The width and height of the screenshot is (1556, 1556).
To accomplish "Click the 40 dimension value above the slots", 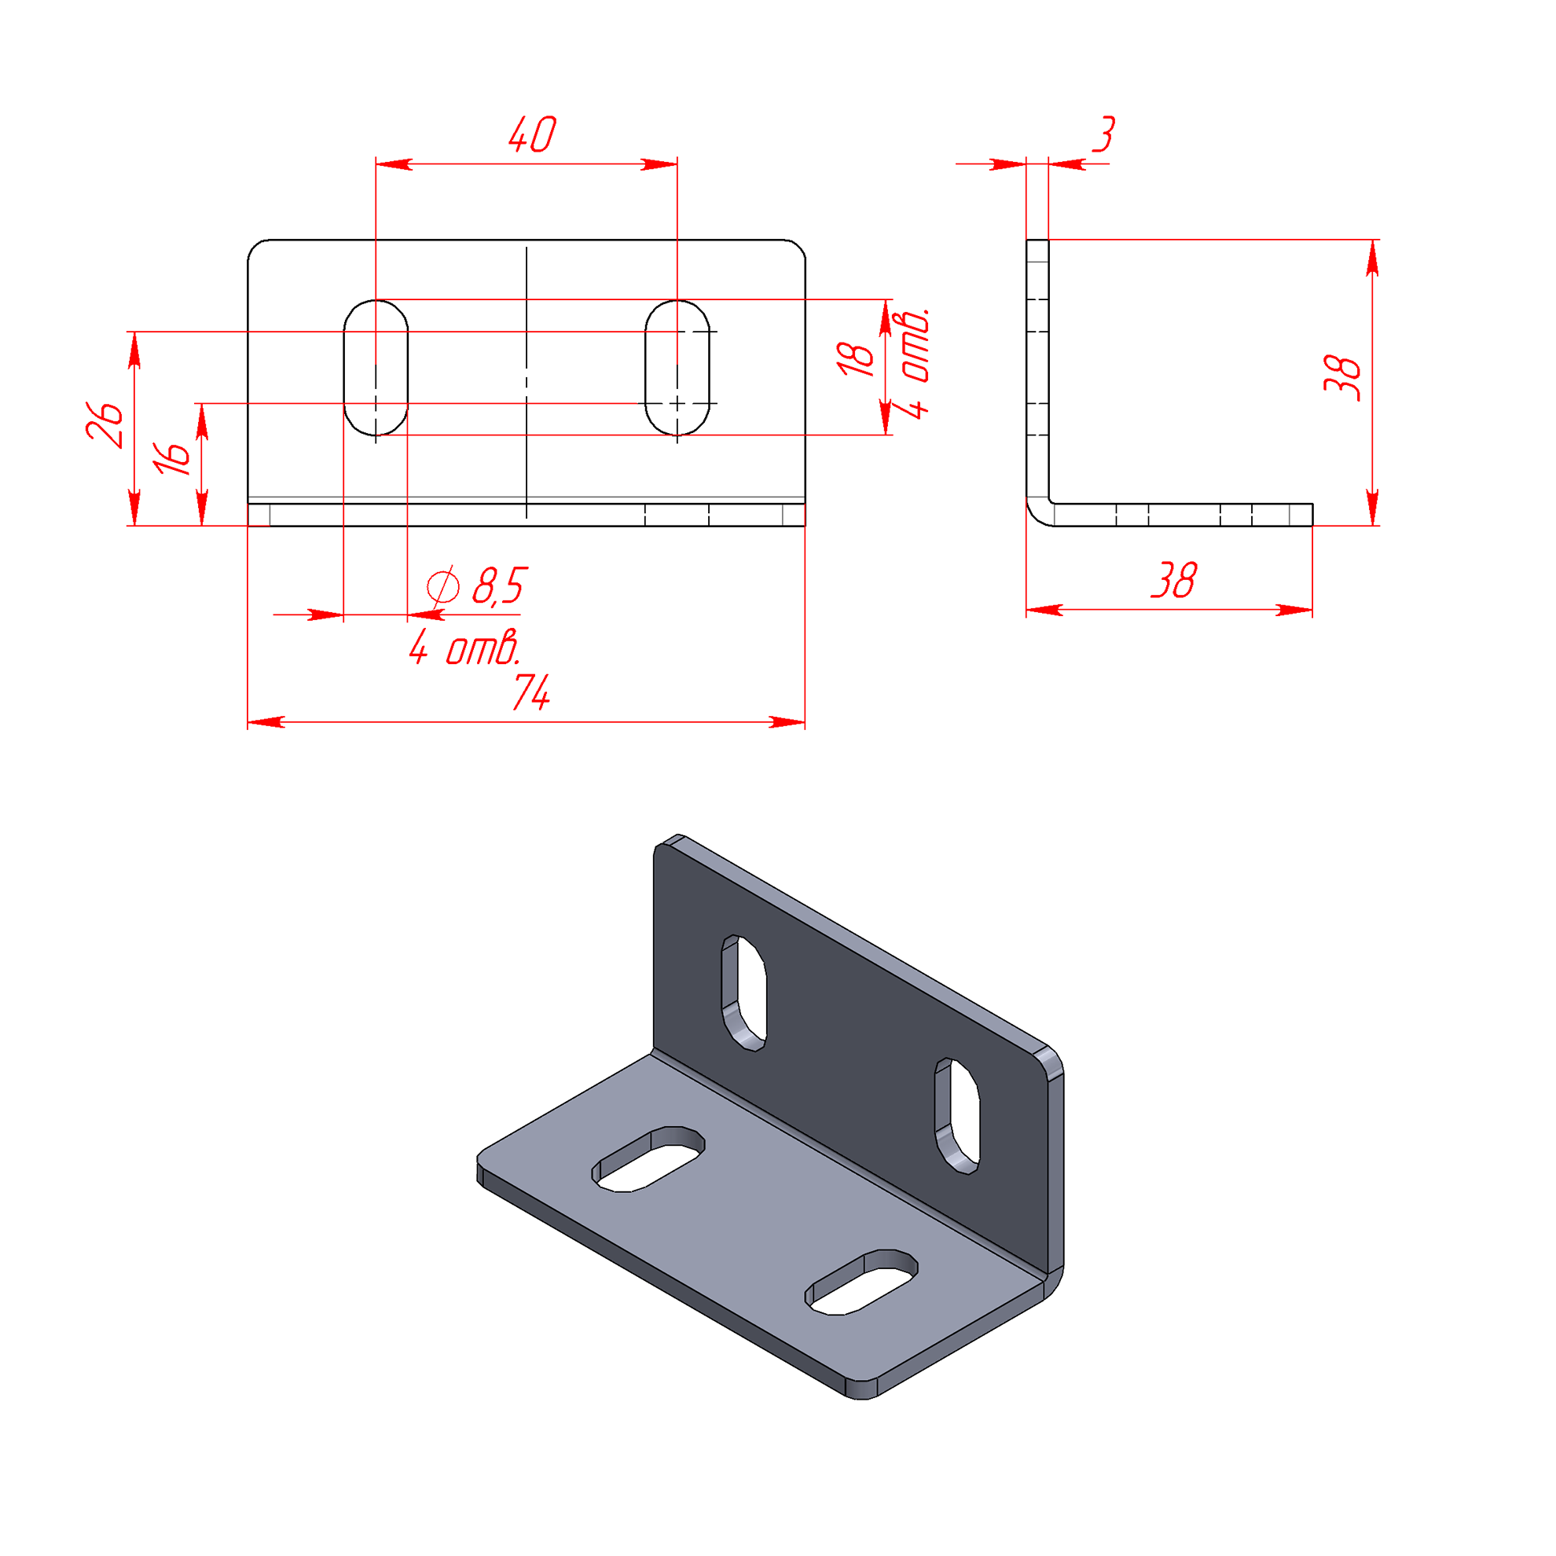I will click(x=532, y=134).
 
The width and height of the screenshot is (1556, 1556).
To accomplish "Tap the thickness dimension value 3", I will click(x=1104, y=134).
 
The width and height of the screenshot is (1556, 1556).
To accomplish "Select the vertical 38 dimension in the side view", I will click(x=1341, y=378).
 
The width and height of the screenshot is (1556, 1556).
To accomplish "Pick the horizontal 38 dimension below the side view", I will click(x=1174, y=580).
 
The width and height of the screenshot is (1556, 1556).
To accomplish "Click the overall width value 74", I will click(x=531, y=692).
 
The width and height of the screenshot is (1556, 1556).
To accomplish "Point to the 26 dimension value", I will click(x=106, y=424).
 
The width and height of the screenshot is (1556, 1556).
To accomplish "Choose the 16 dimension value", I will click(x=174, y=457).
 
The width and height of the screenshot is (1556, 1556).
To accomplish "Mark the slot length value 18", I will click(x=855, y=359).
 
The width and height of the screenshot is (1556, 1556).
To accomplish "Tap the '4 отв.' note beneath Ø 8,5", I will click(x=464, y=648).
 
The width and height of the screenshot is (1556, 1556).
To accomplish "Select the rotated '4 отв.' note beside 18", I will click(x=915, y=362).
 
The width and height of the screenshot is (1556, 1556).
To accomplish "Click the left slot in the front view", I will click(x=376, y=367).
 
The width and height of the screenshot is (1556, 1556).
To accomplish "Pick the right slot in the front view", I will click(x=677, y=367).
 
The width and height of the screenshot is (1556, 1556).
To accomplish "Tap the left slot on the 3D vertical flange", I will click(x=744, y=993).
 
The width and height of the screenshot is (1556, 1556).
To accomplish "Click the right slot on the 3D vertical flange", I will click(x=958, y=1116).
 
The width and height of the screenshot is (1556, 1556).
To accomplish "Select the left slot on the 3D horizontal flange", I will click(x=649, y=1161).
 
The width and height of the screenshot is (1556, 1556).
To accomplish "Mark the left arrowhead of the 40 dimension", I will click(x=394, y=164).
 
